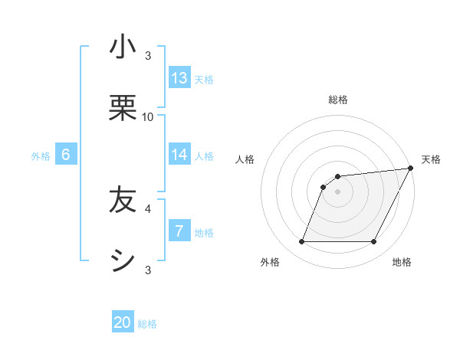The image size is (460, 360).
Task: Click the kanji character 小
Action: (x=123, y=47)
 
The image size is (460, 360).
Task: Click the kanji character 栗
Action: (x=123, y=109)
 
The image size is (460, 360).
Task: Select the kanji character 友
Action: (x=123, y=201)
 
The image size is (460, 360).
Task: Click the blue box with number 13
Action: (x=179, y=78)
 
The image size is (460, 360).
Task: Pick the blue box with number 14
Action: (x=179, y=155)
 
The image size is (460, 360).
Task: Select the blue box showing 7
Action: (x=179, y=231)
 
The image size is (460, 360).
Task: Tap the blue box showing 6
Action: (x=66, y=155)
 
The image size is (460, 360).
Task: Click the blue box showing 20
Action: (x=123, y=323)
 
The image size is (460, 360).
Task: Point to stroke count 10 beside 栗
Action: (x=148, y=116)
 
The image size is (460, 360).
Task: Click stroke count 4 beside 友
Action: (x=148, y=208)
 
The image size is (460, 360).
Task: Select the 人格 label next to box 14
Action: (x=204, y=156)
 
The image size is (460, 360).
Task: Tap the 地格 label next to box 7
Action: (x=204, y=233)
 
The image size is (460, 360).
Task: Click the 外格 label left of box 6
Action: (x=41, y=156)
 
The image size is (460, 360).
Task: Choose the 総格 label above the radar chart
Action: (x=338, y=100)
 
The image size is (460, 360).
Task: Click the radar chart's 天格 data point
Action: (x=411, y=169)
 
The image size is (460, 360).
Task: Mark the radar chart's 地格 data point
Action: (x=374, y=242)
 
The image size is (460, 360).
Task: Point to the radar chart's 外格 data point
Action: (x=301, y=242)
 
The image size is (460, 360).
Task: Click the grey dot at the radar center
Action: (x=338, y=191)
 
